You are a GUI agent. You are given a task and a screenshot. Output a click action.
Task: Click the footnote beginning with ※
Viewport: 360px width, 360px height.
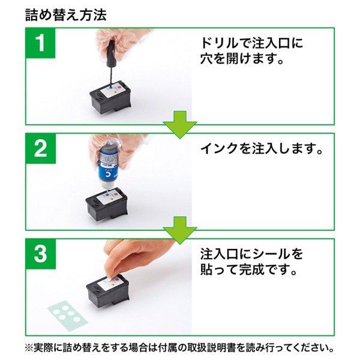coord(180,348)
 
